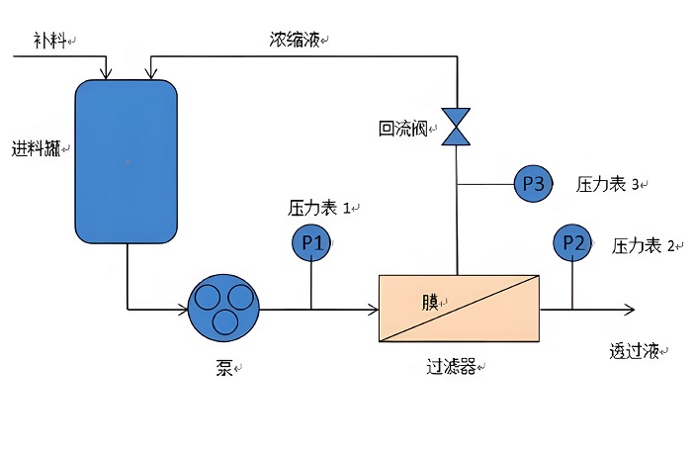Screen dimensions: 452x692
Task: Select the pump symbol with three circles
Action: [x=223, y=309]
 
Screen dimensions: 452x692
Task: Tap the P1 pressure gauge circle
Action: [x=312, y=242]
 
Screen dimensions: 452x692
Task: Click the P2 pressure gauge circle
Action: [x=573, y=242]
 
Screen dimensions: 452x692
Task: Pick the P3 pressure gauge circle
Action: [x=533, y=184]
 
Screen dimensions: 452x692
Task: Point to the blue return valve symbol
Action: [x=457, y=127]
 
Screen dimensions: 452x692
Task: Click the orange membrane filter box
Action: [x=460, y=309]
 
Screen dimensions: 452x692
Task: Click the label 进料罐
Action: [x=36, y=149]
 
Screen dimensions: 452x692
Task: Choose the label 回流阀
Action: [x=402, y=129]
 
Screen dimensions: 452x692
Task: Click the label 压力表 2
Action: [x=644, y=245]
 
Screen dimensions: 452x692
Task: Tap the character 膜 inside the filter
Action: [x=430, y=302]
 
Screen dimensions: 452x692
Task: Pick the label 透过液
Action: [x=634, y=351]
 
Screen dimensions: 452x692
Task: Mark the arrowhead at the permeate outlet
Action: [x=627, y=309]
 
